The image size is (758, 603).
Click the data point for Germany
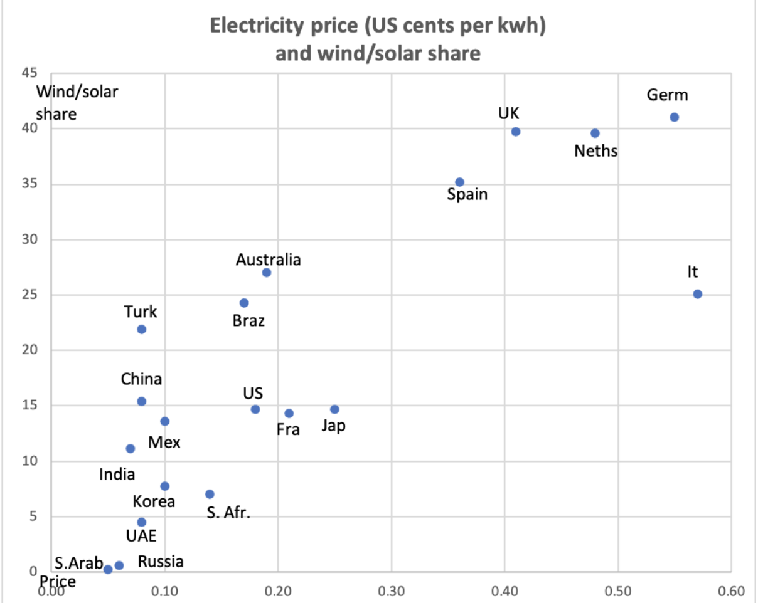click(674, 117)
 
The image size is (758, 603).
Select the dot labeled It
click(697, 294)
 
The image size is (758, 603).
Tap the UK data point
click(516, 132)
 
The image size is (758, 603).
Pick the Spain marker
click(459, 182)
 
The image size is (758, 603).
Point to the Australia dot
click(266, 272)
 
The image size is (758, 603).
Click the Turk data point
click(141, 329)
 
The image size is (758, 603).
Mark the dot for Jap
click(334, 409)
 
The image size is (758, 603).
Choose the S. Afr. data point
click(210, 494)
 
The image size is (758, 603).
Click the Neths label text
click(595, 151)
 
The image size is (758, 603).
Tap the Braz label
click(248, 321)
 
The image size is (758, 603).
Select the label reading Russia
click(161, 562)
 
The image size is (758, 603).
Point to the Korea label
click(154, 501)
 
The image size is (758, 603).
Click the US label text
click(253, 394)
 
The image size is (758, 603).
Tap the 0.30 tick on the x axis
click(391, 590)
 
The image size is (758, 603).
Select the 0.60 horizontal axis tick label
click(731, 590)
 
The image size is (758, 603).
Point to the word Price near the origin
click(56, 581)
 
